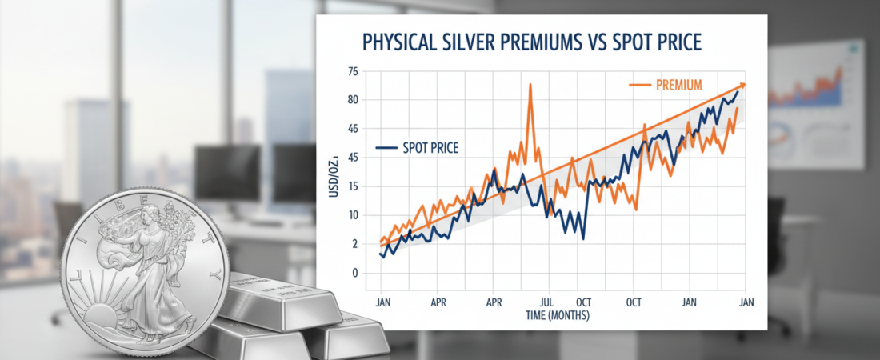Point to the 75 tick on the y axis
pyautogui.click(x=354, y=72)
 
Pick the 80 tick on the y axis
pyautogui.click(x=354, y=100)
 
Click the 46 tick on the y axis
pyautogui.click(x=354, y=129)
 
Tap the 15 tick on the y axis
pyautogui.click(x=354, y=186)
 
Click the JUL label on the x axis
pyautogui.click(x=547, y=303)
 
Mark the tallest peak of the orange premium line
pyautogui.click(x=530, y=84)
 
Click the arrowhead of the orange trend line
pyautogui.click(x=743, y=84)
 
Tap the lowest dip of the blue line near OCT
pyautogui.click(x=583, y=238)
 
